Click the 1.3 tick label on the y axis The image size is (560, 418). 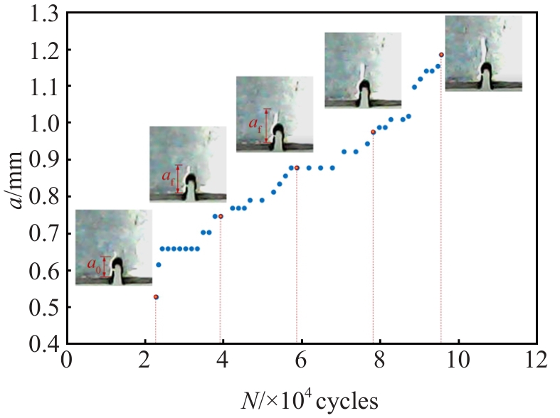click(x=43, y=12)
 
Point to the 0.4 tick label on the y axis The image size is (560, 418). click(x=43, y=344)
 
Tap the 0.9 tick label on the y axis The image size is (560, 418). click(x=43, y=160)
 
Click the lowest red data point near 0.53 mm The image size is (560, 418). click(x=156, y=296)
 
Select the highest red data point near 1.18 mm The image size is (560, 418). click(x=441, y=55)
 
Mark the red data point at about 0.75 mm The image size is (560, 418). click(x=221, y=216)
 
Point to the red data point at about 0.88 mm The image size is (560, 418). click(x=297, y=168)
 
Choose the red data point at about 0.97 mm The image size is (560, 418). click(x=373, y=132)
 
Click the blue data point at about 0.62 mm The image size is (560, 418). click(x=159, y=265)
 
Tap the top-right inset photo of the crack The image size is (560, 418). click(x=484, y=53)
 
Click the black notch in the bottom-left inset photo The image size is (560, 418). click(x=118, y=267)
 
